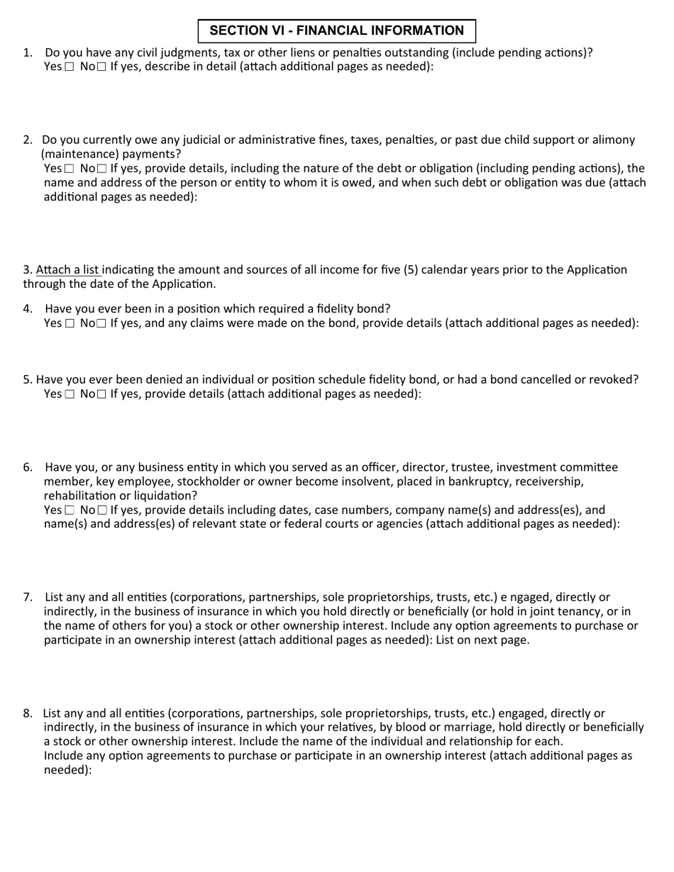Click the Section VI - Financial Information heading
(336, 30)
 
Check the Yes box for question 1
(69, 67)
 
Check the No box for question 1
(101, 67)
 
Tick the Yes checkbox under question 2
(69, 169)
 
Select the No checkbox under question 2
(101, 169)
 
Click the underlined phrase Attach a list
(68, 269)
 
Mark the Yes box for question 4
(69, 323)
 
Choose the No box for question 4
(101, 323)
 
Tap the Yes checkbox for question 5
(69, 394)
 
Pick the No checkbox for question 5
(101, 394)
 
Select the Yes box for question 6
(69, 510)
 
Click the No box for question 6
(101, 510)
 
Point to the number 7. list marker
(28, 597)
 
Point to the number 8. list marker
(28, 713)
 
